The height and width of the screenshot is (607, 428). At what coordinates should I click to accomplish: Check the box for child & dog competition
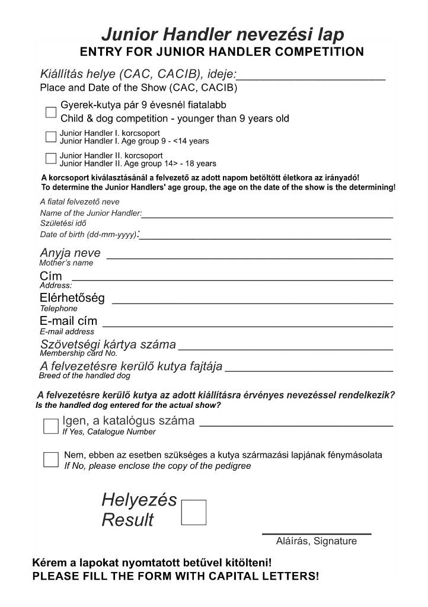(51, 113)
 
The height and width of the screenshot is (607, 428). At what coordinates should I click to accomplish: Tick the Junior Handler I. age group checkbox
(51, 137)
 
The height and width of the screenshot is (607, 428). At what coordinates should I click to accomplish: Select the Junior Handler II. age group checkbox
(51, 158)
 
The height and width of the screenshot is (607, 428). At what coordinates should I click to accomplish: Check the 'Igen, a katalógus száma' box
(51, 426)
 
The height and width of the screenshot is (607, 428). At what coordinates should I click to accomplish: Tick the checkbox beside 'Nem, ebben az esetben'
(51, 460)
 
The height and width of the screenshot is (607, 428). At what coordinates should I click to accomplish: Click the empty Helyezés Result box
(193, 512)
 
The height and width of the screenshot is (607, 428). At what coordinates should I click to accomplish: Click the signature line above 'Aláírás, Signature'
(317, 532)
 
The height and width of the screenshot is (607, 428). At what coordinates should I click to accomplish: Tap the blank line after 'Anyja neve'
(249, 257)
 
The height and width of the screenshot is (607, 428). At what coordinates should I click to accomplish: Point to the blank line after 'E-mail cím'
(248, 324)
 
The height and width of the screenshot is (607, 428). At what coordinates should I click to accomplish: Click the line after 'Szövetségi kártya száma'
(286, 348)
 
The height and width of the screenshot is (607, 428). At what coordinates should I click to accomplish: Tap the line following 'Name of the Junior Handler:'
(267, 216)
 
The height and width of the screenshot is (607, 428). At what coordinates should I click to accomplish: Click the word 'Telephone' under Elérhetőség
(59, 309)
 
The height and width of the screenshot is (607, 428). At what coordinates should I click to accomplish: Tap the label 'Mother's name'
(66, 263)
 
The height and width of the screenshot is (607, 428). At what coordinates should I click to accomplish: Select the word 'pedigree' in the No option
(231, 466)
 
